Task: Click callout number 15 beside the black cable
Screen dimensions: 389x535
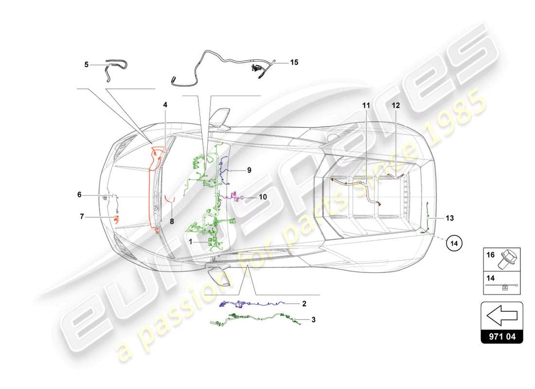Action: coord(294,62)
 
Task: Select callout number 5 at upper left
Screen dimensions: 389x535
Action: coord(87,64)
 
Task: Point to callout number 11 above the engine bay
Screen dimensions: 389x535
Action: coord(365,105)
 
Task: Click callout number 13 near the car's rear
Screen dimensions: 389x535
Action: coord(449,218)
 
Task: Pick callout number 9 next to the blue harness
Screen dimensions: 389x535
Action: coord(249,170)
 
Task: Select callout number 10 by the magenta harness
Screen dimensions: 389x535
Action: coord(263,197)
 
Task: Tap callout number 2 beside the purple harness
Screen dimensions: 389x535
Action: coord(304,304)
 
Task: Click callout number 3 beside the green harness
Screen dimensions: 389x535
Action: coord(314,320)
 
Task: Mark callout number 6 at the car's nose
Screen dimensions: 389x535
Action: coord(79,195)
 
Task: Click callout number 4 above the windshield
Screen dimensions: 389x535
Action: coord(165,105)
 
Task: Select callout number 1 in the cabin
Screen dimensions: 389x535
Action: coord(191,241)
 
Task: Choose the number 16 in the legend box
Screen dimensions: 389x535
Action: coord(490,254)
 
